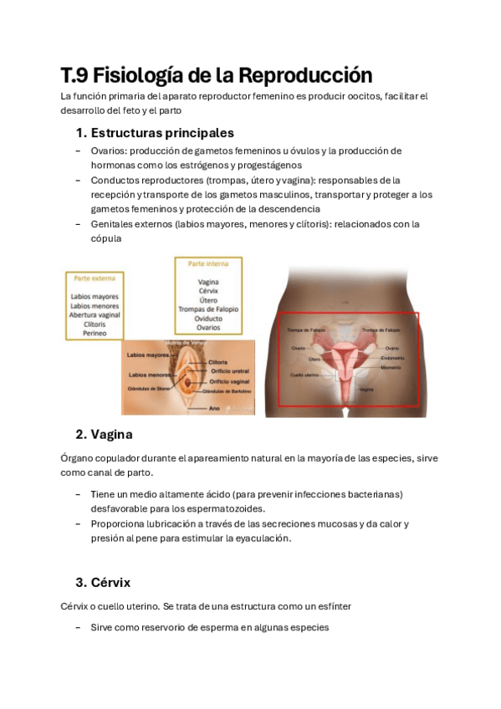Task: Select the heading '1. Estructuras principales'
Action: tap(154, 133)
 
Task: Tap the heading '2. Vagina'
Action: tap(104, 435)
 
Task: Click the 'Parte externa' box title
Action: tap(94, 278)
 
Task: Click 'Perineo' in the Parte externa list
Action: tap(95, 333)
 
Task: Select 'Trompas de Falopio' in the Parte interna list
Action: tap(207, 309)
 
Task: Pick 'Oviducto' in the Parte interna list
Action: tap(208, 319)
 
